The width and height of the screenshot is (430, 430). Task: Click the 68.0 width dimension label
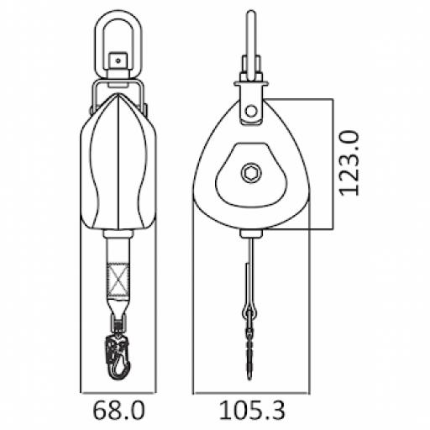(118, 412)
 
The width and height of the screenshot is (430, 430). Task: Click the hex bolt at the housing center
(250, 173)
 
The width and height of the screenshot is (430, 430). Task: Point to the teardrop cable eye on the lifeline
(250, 313)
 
